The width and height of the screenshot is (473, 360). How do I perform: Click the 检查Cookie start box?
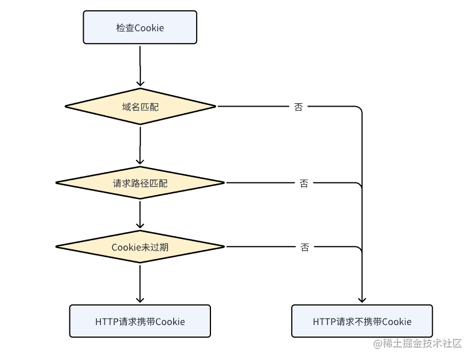click(x=140, y=28)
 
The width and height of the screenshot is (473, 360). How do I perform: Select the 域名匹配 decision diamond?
click(x=140, y=107)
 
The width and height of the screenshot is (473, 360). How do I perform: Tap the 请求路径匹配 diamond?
click(x=140, y=183)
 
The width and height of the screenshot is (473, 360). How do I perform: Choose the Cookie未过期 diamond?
click(x=140, y=246)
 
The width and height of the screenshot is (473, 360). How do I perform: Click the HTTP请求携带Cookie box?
click(x=140, y=321)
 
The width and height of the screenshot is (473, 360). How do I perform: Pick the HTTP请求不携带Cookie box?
click(x=362, y=321)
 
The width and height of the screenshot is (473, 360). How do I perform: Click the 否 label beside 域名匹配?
click(x=298, y=107)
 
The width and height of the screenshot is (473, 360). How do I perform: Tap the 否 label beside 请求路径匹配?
click(x=304, y=183)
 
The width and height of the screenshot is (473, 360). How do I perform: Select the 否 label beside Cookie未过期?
click(x=304, y=247)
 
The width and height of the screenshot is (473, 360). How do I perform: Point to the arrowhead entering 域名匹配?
click(x=140, y=84)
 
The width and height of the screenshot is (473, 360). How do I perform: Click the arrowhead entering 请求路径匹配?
click(x=140, y=161)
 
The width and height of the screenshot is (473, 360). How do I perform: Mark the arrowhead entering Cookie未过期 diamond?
click(x=140, y=225)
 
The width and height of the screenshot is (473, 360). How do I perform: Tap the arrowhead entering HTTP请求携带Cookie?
click(x=140, y=300)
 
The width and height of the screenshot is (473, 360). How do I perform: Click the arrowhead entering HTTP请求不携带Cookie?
click(x=362, y=300)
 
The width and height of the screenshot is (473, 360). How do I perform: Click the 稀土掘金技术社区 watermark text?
click(x=423, y=343)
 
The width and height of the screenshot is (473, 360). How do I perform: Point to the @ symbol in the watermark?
click(x=378, y=343)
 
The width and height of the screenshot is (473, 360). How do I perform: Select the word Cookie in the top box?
click(x=149, y=28)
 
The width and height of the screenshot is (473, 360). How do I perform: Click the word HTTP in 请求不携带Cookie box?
click(x=322, y=322)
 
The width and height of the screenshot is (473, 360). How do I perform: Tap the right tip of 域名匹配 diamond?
click(x=216, y=106)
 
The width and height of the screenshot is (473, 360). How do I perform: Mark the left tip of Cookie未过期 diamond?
click(x=56, y=246)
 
